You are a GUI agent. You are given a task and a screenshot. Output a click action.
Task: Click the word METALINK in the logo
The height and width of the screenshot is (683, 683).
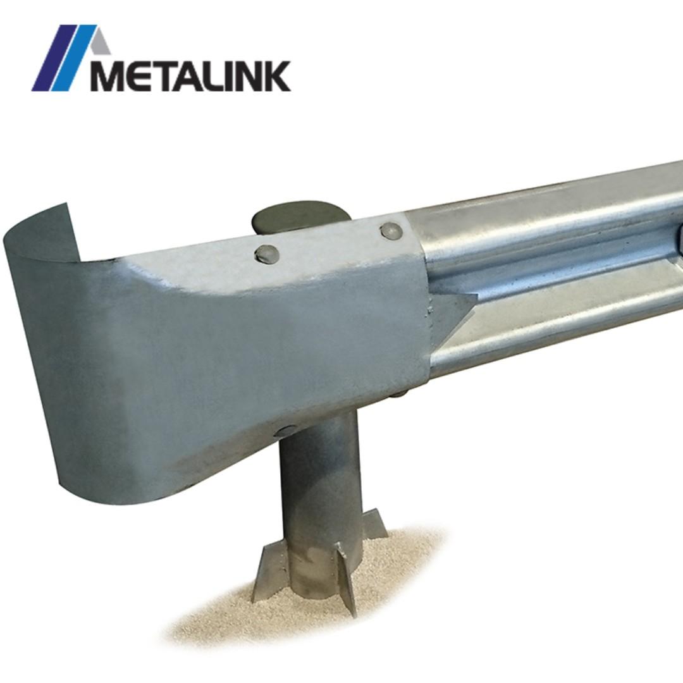click(190, 76)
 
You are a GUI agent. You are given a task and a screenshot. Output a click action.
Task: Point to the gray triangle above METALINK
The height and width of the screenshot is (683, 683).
click(100, 44)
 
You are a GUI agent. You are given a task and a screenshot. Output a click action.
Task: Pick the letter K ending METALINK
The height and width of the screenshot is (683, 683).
click(276, 76)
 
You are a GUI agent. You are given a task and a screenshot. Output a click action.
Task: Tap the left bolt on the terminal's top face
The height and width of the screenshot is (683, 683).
click(266, 254)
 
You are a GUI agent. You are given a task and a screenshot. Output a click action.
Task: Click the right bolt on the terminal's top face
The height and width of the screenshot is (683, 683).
click(391, 231)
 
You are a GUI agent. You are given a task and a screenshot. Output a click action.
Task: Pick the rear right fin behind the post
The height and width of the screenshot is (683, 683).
click(374, 525)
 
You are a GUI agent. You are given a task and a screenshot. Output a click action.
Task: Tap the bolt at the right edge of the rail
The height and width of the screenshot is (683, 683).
click(679, 237)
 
